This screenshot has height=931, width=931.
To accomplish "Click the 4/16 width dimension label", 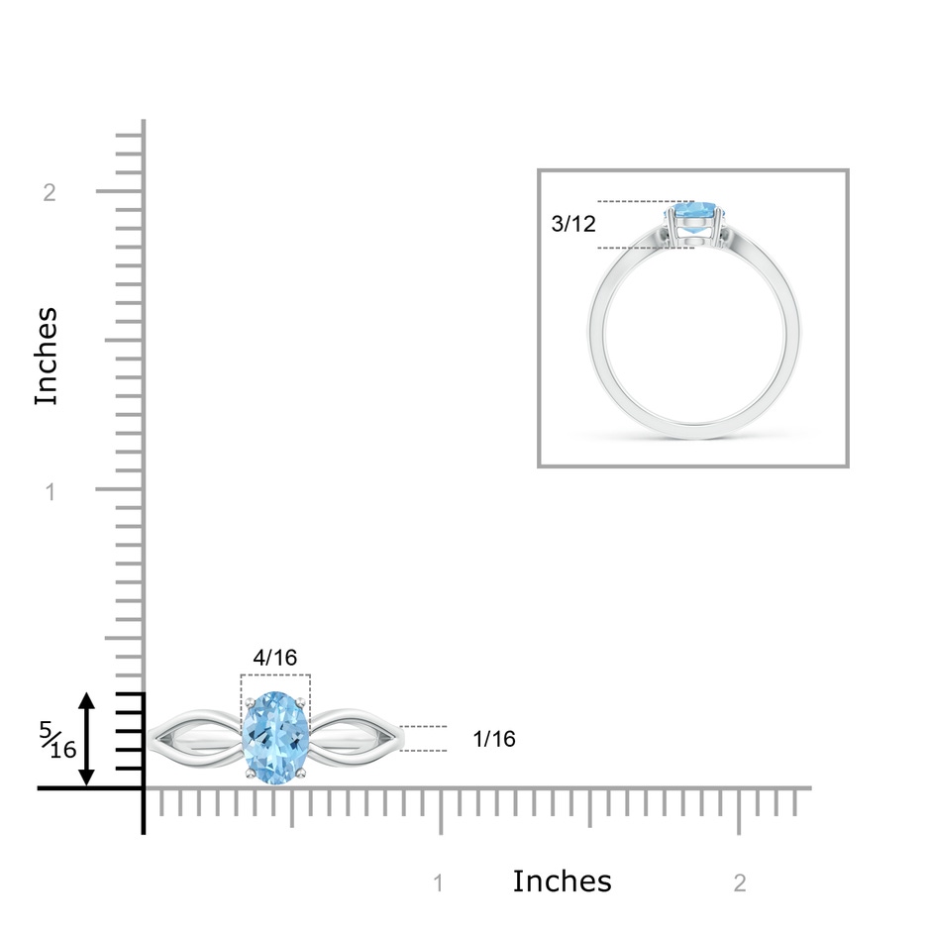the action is point(275,658).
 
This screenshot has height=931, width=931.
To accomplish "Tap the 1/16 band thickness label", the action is point(494,739).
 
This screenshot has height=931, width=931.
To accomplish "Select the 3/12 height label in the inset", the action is point(573,224).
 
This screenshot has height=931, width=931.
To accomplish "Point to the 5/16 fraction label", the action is point(57,740).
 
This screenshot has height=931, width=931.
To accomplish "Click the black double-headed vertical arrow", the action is point(87,739).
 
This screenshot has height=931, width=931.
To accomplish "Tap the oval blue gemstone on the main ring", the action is point(275,738).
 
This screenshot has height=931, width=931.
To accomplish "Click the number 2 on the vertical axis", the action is point(50,192).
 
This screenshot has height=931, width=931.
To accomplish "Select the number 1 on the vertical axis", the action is point(51,491).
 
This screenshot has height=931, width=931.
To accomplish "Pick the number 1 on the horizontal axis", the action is point(438,882).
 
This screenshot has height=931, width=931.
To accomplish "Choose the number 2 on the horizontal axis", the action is point(739,882).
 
